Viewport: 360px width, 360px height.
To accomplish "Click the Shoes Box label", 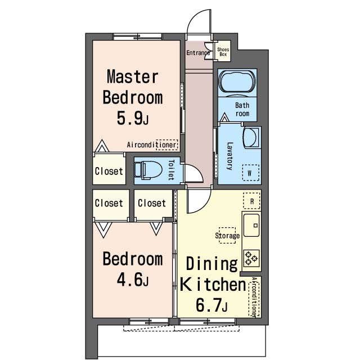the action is pyautogui.click(x=223, y=52).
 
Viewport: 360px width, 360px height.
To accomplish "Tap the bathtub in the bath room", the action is pyautogui.click(x=237, y=82).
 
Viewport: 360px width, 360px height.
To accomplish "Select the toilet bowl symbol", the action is pyautogui.click(x=148, y=170).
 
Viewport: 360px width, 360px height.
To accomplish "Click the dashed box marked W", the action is pyautogui.click(x=251, y=173).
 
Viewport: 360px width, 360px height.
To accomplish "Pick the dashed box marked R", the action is pyautogui.click(x=252, y=201).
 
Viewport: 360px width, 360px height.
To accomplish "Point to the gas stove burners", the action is pyautogui.click(x=251, y=258).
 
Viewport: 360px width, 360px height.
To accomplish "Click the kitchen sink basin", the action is pyautogui.click(x=251, y=225).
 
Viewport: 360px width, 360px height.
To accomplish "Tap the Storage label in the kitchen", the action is pyautogui.click(x=227, y=236).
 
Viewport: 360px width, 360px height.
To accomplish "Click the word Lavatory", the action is pyautogui.click(x=230, y=156).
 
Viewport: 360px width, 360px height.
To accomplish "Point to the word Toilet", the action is pyautogui.click(x=172, y=170).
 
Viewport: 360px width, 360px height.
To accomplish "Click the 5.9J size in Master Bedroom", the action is pyautogui.click(x=133, y=118).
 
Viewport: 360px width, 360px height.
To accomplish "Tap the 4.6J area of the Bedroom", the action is pyautogui.click(x=133, y=279).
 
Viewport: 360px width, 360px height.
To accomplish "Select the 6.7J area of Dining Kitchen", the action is pyautogui.click(x=211, y=305).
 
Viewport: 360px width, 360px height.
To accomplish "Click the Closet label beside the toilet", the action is pyautogui.click(x=109, y=171).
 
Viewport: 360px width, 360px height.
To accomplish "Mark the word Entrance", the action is pyautogui.click(x=198, y=53).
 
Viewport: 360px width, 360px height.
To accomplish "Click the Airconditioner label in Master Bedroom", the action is pyautogui.click(x=151, y=145).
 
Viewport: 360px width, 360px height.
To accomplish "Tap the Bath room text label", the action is pyautogui.click(x=242, y=109).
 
